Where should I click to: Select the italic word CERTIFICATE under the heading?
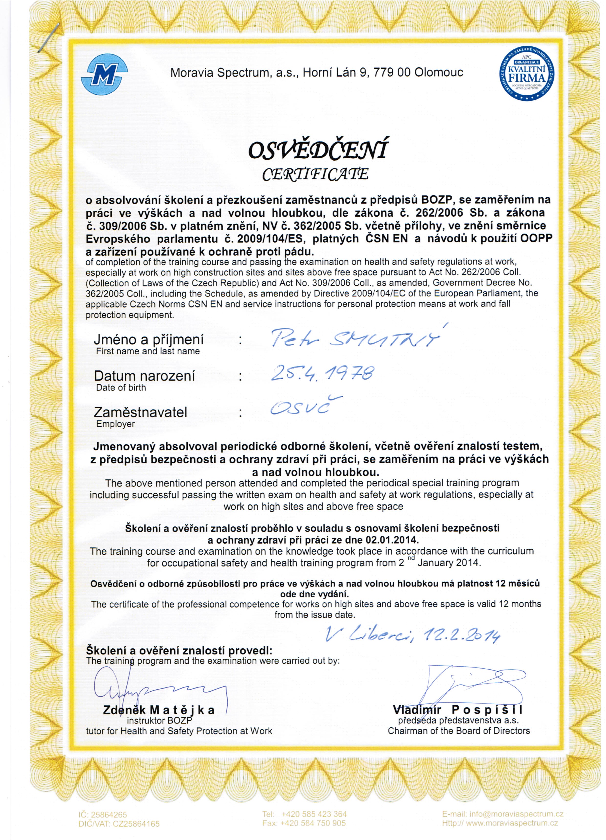pyautogui.click(x=315, y=174)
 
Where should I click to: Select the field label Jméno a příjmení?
pyautogui.click(x=149, y=340)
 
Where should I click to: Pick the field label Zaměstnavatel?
pyautogui.click(x=141, y=412)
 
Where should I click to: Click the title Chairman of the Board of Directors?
pyautogui.click(x=459, y=731)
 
